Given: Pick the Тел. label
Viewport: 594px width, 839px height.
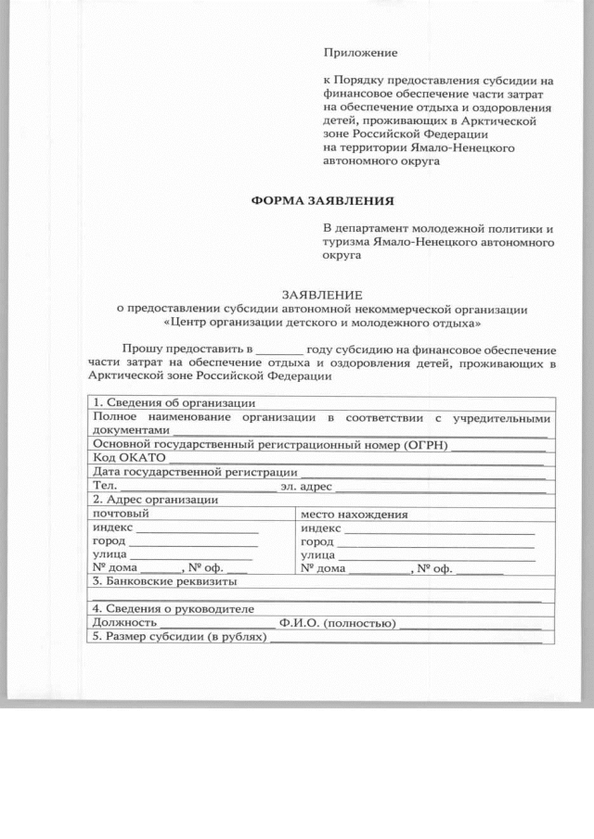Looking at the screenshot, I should coord(103,486).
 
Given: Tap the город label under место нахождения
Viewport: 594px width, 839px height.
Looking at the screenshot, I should coord(317,541).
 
